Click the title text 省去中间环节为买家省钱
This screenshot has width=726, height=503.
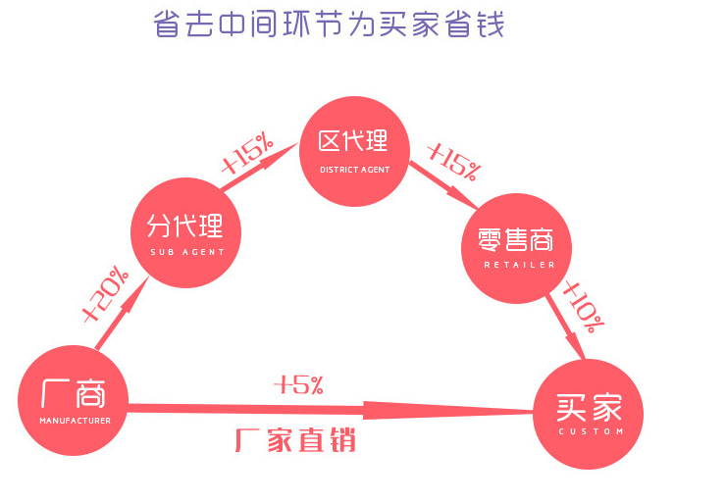(x=329, y=24)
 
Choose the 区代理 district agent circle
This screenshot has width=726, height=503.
(x=354, y=148)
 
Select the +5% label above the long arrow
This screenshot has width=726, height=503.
(x=299, y=384)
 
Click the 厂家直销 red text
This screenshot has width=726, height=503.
(x=294, y=440)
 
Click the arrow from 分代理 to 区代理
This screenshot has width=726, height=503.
(x=257, y=167)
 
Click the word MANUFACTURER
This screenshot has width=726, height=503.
(x=75, y=422)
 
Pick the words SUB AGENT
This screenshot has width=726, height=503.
(x=187, y=252)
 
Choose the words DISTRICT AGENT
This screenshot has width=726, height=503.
(x=354, y=170)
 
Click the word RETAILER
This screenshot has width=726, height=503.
(x=519, y=265)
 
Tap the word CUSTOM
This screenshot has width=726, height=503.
(x=590, y=431)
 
